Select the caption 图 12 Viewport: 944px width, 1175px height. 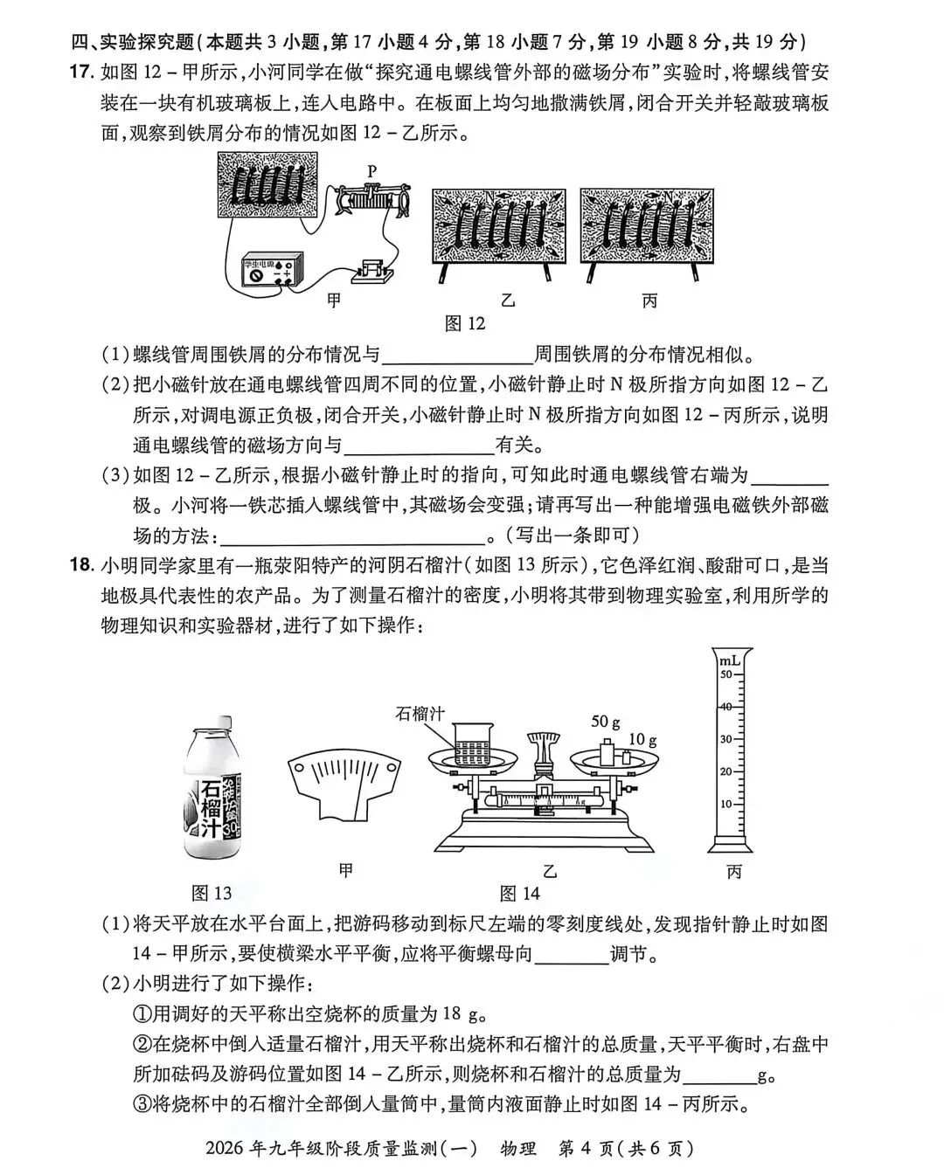click(x=464, y=324)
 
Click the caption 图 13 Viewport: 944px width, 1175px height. click(x=212, y=893)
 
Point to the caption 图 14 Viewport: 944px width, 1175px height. click(x=520, y=893)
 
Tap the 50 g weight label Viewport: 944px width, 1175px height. click(x=606, y=722)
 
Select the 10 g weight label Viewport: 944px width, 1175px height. click(x=642, y=739)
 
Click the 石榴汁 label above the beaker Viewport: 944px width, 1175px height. click(x=420, y=714)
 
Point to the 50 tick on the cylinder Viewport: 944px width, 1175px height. click(x=725, y=674)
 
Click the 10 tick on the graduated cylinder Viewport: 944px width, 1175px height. click(x=725, y=803)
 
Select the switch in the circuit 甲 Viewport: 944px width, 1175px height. click(x=373, y=272)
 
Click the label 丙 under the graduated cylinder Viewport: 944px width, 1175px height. click(x=733, y=871)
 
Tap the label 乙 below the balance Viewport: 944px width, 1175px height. click(x=550, y=871)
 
